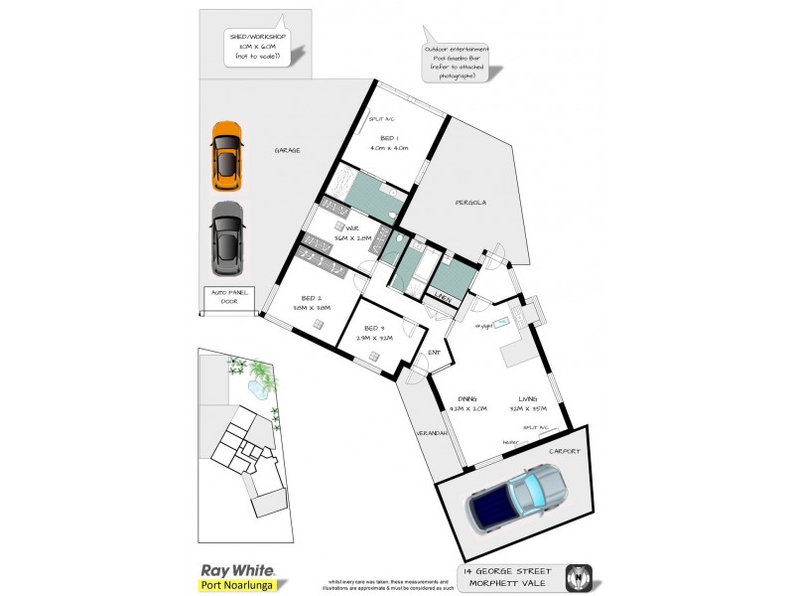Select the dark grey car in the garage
227,238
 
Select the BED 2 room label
312,302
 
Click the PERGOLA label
470,203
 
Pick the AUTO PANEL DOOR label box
229,297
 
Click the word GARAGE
287,150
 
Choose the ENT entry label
434,352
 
